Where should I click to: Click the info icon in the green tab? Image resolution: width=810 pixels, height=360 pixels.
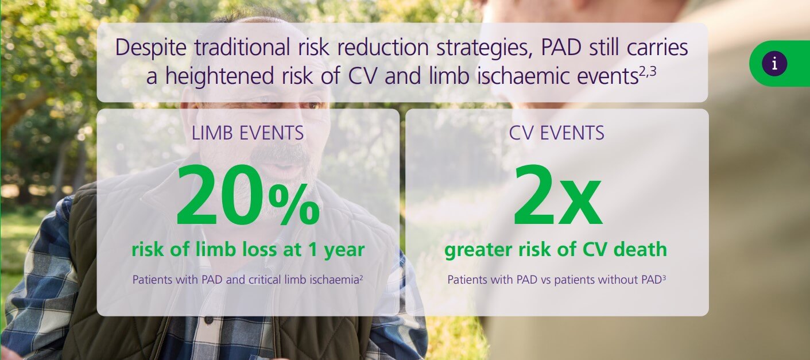774,64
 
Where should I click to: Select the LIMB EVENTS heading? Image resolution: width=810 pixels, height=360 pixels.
248,133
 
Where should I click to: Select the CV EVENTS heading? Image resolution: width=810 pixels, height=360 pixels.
556,133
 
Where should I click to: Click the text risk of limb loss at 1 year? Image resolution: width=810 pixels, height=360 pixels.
248,250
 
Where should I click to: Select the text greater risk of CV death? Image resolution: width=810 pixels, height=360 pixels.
556,250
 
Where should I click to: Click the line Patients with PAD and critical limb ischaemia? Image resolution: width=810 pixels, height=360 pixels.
247,280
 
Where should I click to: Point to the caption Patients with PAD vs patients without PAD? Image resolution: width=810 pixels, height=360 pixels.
556,280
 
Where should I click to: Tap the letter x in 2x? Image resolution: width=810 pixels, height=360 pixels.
581,204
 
